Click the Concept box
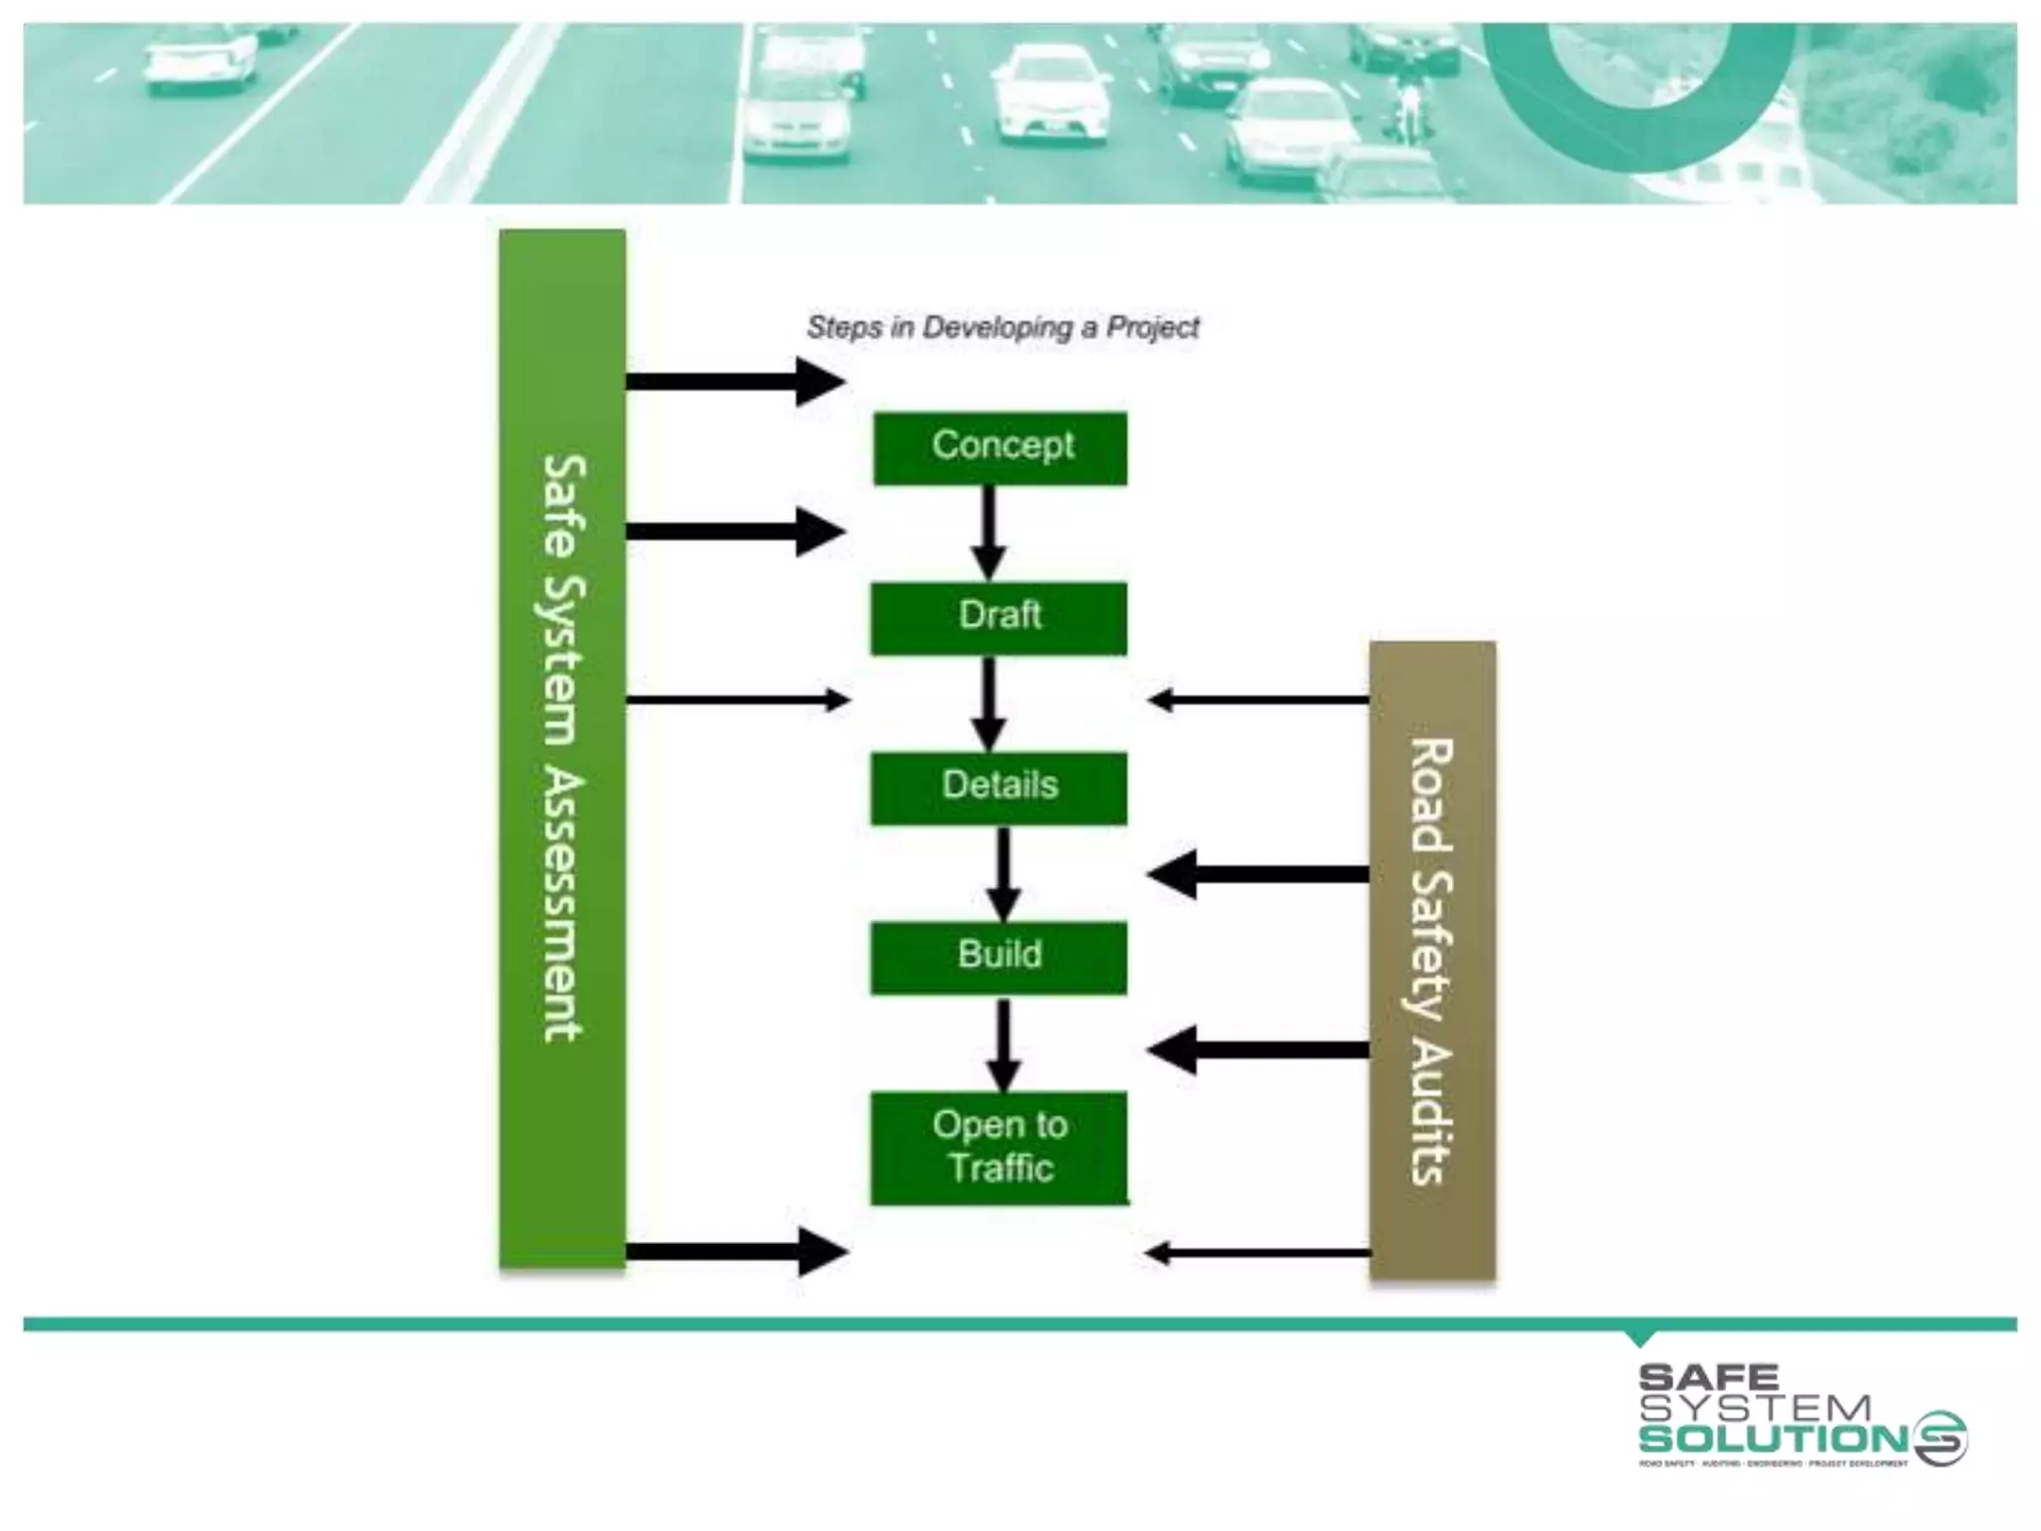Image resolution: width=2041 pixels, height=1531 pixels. (1001, 449)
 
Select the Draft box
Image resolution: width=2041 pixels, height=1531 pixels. (999, 618)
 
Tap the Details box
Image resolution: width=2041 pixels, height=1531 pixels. (999, 787)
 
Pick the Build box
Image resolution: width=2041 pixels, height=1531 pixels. (999, 957)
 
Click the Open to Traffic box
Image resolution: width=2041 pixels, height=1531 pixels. (999, 1147)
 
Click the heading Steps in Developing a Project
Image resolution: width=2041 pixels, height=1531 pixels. (1003, 327)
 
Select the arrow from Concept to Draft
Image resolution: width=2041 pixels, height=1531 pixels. (988, 534)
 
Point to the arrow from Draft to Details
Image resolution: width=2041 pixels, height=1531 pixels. (988, 704)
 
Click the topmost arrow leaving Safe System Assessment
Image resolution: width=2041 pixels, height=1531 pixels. (735, 381)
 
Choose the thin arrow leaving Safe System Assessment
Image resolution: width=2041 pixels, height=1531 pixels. (737, 700)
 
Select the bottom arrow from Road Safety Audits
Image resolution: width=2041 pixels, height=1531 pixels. (1258, 1253)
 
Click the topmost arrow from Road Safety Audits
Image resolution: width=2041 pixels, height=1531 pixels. (1258, 700)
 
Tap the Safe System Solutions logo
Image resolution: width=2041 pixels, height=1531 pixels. (1800, 1415)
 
